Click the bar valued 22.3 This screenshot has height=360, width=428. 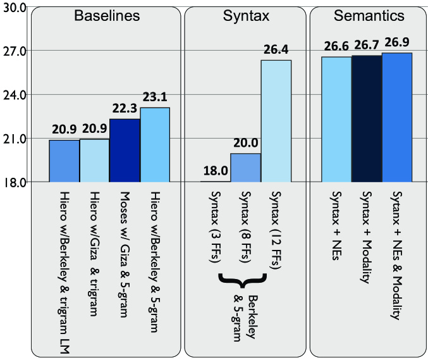click(125, 151)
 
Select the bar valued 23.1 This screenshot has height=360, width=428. click(155, 145)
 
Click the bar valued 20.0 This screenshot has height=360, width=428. click(245, 168)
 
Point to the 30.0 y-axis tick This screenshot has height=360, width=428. click(13, 7)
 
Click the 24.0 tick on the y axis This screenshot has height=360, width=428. click(13, 94)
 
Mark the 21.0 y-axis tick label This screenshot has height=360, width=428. click(13, 139)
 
